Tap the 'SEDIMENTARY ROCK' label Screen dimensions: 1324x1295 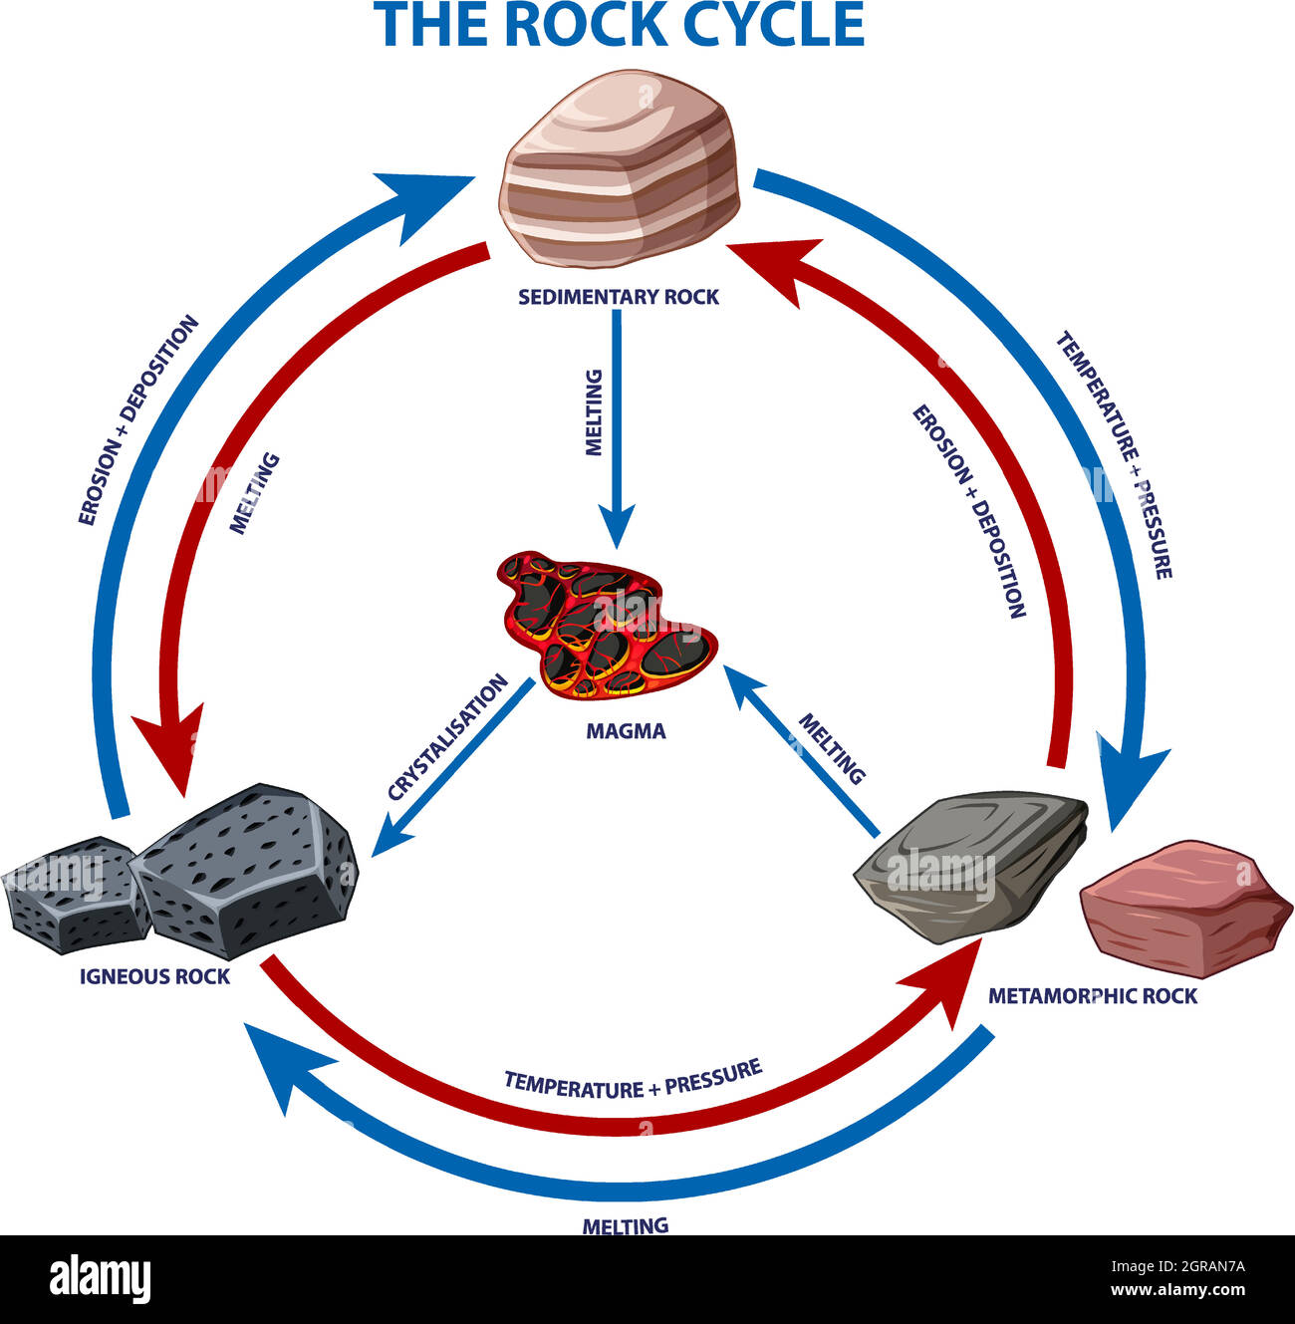(x=618, y=297)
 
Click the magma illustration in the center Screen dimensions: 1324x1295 (x=603, y=624)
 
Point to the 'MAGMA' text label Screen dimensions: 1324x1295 (x=626, y=731)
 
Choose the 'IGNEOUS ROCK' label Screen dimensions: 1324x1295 (x=154, y=976)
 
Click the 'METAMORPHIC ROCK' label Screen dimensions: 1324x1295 (x=1093, y=995)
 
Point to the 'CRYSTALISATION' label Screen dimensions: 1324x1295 (x=448, y=738)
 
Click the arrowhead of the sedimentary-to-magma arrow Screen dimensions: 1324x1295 (x=617, y=526)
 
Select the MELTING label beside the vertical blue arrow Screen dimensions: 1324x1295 (x=594, y=411)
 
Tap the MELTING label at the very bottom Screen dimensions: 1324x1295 (x=625, y=1225)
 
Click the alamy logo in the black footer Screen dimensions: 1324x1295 (x=101, y=1278)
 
